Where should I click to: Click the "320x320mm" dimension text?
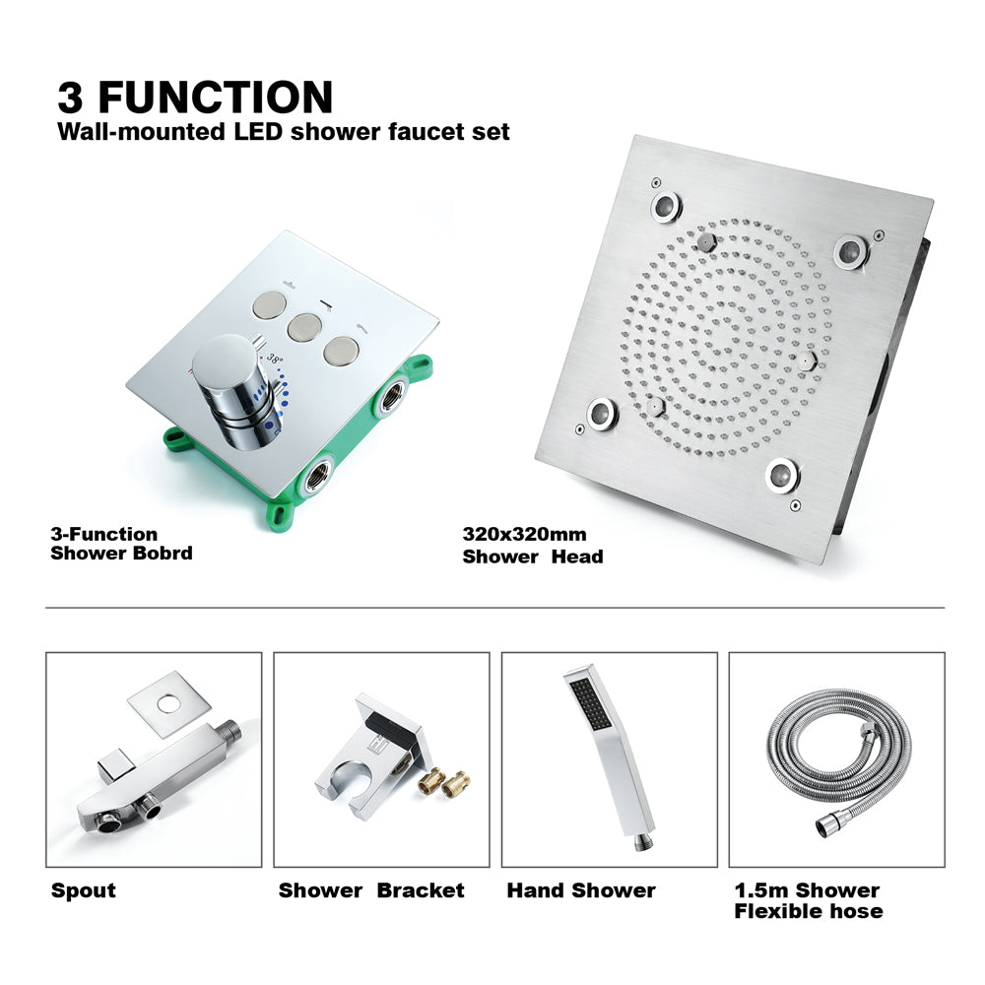click(524, 535)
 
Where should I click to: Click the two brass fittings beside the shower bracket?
click(444, 784)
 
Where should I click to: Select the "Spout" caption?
click(84, 890)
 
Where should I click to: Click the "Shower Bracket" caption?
click(371, 890)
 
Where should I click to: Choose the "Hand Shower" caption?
click(581, 890)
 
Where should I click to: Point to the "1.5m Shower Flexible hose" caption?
click(808, 900)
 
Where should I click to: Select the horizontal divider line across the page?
click(492, 608)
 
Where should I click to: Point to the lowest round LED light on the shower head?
click(783, 475)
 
